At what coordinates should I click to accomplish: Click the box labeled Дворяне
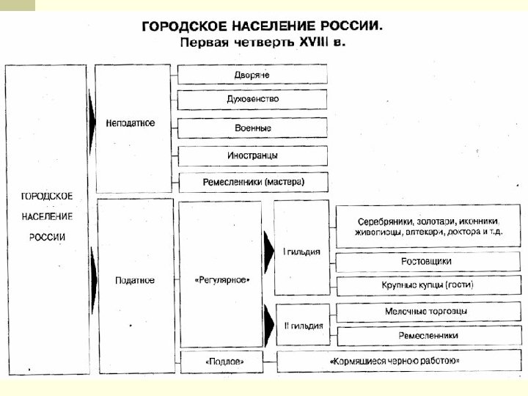point(252,75)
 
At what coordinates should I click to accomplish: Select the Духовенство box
point(252,99)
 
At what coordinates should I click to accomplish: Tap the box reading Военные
point(252,128)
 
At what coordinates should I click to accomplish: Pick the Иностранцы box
point(252,155)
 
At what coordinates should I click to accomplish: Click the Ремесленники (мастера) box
point(252,181)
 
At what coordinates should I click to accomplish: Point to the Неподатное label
point(131,122)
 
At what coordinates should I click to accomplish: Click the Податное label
point(135,280)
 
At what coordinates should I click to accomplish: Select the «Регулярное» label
point(222,280)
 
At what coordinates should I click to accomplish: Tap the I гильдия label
point(301,252)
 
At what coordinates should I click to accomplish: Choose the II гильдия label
point(301,323)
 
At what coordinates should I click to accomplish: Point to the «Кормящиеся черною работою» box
point(395,361)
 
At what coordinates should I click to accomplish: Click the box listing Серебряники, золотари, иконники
point(428,226)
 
